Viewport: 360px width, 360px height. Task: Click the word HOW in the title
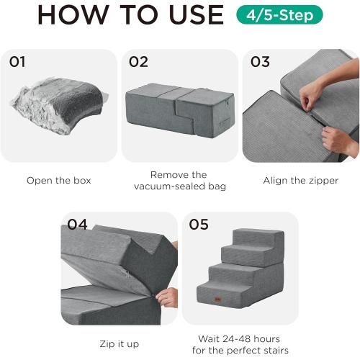coord(72,14)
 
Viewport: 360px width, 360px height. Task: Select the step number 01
coord(18,62)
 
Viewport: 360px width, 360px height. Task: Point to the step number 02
coord(138,62)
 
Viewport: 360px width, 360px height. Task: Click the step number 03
coord(260,62)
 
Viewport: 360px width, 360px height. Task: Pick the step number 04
coord(77,225)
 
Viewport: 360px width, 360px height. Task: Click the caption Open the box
coord(58,181)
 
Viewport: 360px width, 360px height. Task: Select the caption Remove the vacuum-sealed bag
coord(179,181)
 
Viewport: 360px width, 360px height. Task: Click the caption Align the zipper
coord(300,181)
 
